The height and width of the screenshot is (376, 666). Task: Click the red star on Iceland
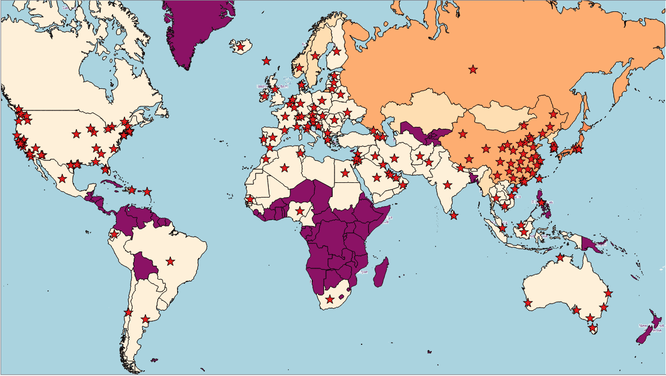[x=240, y=47]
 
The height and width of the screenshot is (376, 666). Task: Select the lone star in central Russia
[x=472, y=70]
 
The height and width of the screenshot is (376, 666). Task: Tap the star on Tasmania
[x=592, y=328]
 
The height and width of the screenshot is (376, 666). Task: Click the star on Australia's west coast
[x=528, y=303]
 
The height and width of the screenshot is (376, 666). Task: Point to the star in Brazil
[x=170, y=261]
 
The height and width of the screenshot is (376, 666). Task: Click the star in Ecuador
[x=114, y=234]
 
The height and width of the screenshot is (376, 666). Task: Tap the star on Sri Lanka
[x=453, y=215]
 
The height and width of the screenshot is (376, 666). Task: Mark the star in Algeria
[x=284, y=167]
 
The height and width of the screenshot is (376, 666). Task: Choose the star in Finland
[x=337, y=51]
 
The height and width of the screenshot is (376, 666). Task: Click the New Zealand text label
[x=651, y=328]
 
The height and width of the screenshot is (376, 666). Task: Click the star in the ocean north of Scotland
[x=266, y=61]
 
